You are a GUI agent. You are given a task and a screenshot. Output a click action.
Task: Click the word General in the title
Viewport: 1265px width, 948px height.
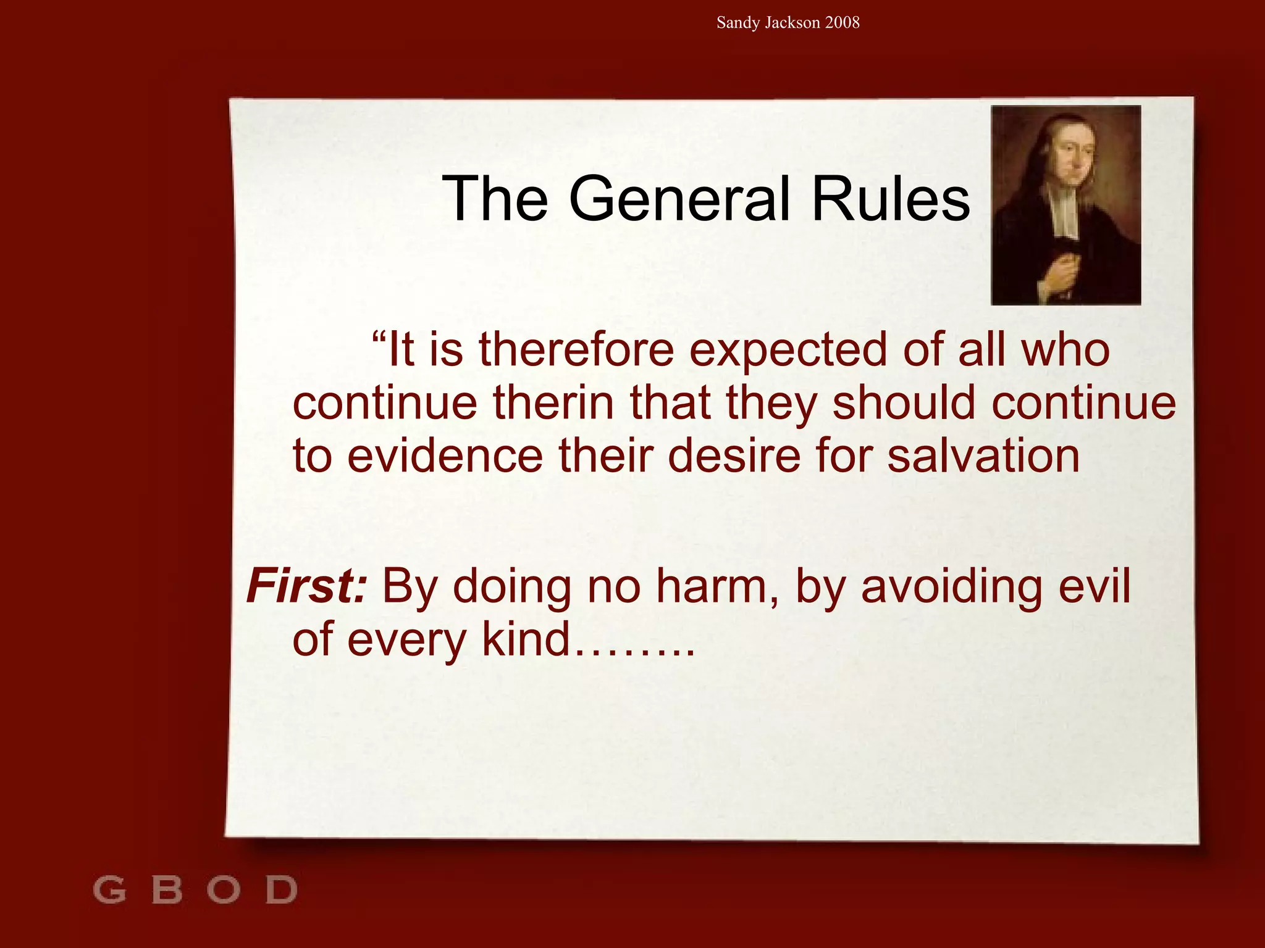point(679,199)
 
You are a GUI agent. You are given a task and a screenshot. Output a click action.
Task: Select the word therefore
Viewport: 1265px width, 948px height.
point(576,350)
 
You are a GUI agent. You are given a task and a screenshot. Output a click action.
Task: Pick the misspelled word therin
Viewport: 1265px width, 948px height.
point(553,403)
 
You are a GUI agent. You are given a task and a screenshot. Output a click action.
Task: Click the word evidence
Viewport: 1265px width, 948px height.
point(445,456)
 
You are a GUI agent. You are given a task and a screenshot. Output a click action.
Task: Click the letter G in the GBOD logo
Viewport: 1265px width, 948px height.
point(110,890)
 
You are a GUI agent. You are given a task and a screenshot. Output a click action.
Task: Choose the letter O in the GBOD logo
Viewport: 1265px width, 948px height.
point(223,890)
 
